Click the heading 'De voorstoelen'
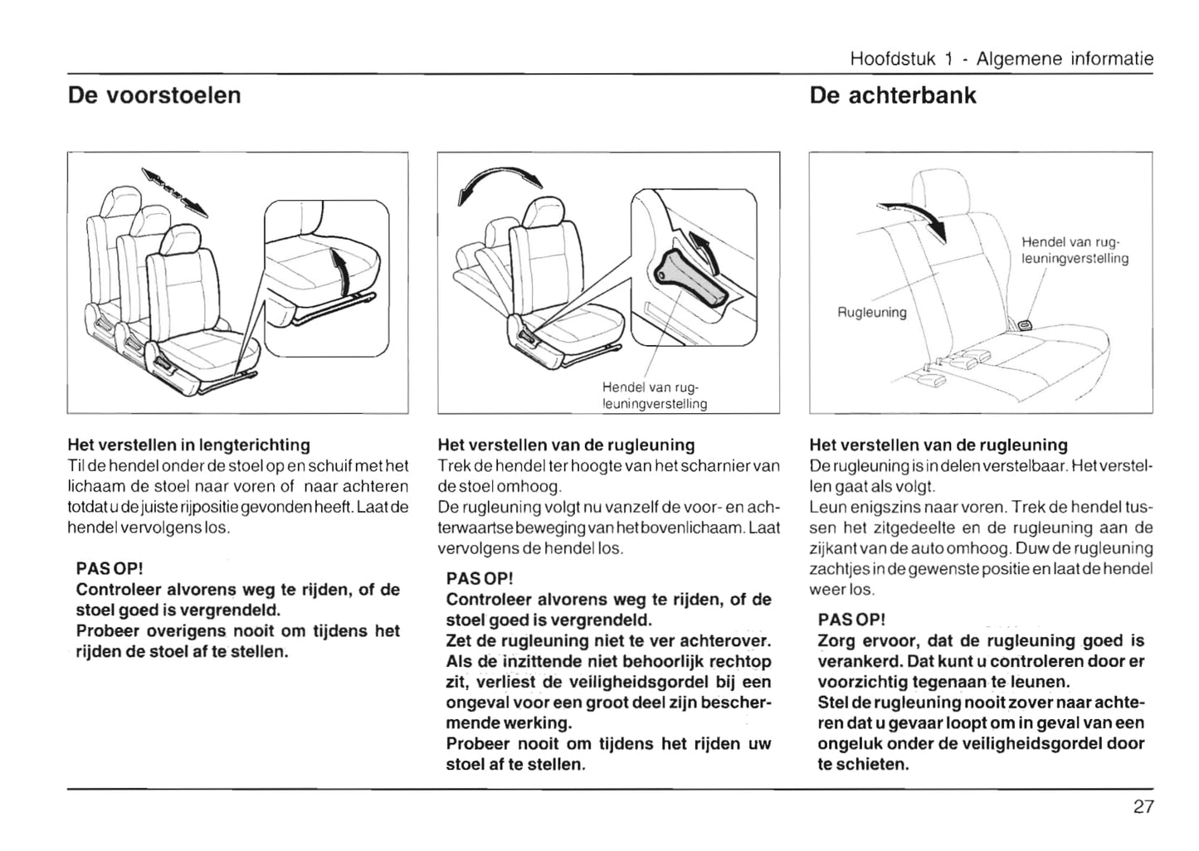coord(154,95)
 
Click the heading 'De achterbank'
coord(892,95)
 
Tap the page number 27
coord(1143,807)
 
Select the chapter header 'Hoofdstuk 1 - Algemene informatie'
coord(1002,59)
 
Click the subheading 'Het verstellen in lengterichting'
coord(188,445)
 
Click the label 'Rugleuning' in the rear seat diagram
coord(871,313)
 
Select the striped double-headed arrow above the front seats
coord(173,191)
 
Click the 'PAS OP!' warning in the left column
coord(110,569)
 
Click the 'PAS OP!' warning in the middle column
coord(480,578)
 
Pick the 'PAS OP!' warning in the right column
coord(851,620)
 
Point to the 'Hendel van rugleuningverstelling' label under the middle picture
coord(655,396)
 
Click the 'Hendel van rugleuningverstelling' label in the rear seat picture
coord(1075,250)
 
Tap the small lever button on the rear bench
coord(1025,324)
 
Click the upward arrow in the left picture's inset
coord(338,267)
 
